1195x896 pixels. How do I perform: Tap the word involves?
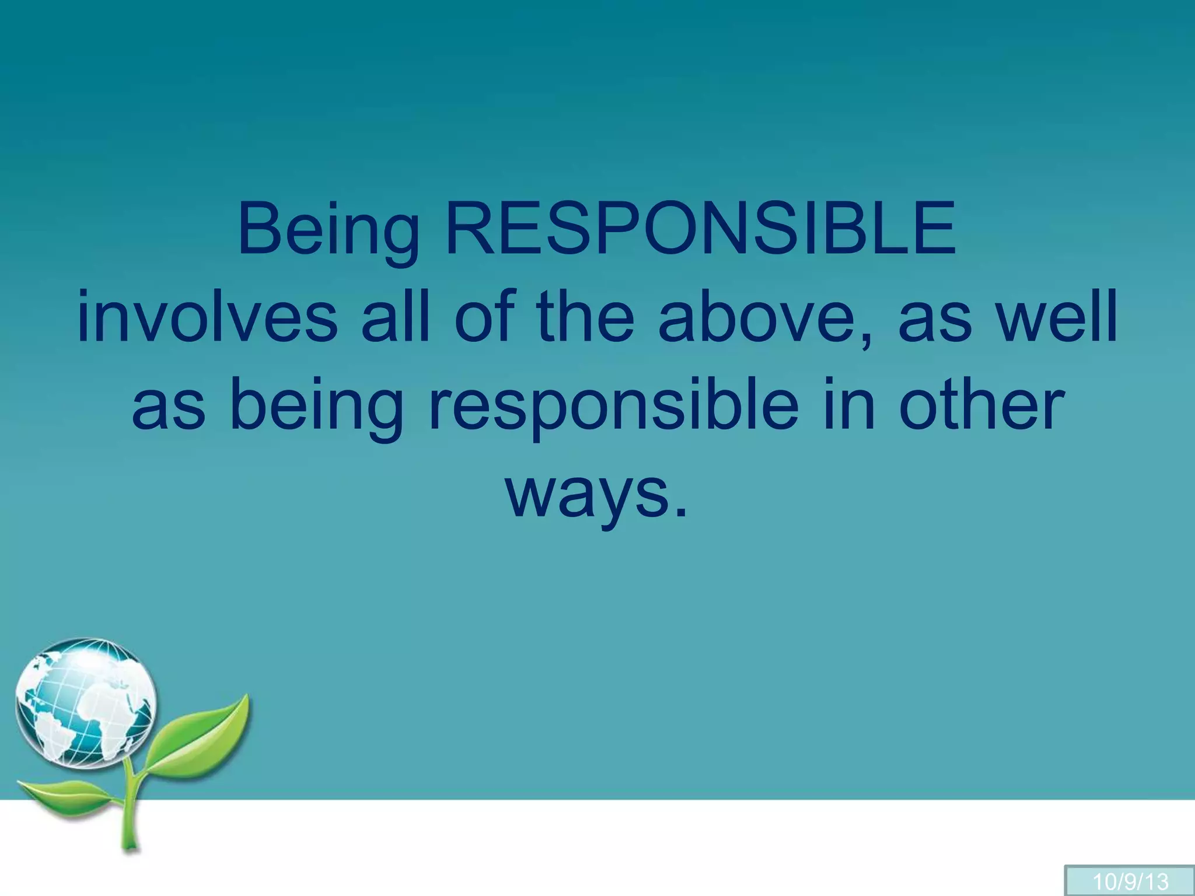tap(208, 318)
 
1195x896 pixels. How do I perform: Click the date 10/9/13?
tap(1131, 880)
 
